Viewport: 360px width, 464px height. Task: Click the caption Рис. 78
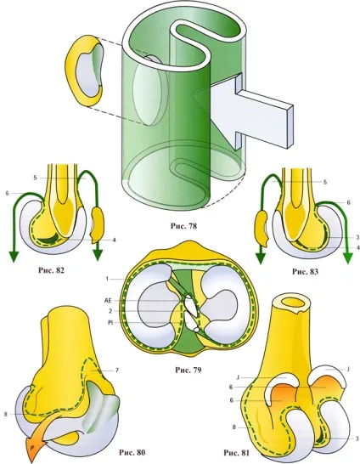(x=183, y=226)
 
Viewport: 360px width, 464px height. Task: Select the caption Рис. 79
(x=188, y=370)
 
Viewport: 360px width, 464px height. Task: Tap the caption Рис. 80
(x=132, y=452)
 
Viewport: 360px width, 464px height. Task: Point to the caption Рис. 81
(x=236, y=453)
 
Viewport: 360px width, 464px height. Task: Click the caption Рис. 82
(x=51, y=270)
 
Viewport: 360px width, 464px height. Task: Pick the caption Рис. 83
(x=305, y=271)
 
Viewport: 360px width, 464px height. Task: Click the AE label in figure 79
(x=108, y=300)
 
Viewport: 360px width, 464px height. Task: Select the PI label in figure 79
(x=110, y=322)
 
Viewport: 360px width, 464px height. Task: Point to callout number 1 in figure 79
(x=107, y=279)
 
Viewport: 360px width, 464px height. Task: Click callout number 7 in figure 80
(x=117, y=371)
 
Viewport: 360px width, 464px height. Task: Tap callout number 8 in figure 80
(x=5, y=415)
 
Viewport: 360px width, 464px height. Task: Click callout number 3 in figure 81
(x=357, y=439)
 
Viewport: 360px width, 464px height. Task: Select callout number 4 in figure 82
(x=114, y=240)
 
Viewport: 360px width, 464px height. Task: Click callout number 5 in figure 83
(x=325, y=182)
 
